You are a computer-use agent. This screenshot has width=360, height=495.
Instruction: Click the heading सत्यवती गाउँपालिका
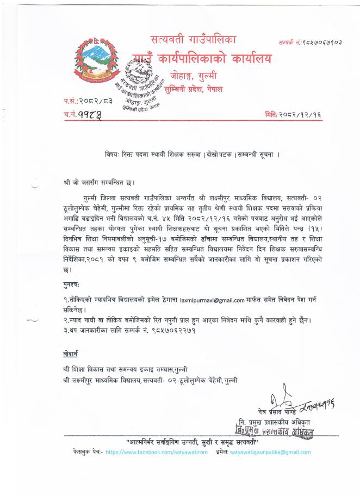(197, 40)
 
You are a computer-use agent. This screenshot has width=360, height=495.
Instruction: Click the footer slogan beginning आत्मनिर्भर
(194, 441)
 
